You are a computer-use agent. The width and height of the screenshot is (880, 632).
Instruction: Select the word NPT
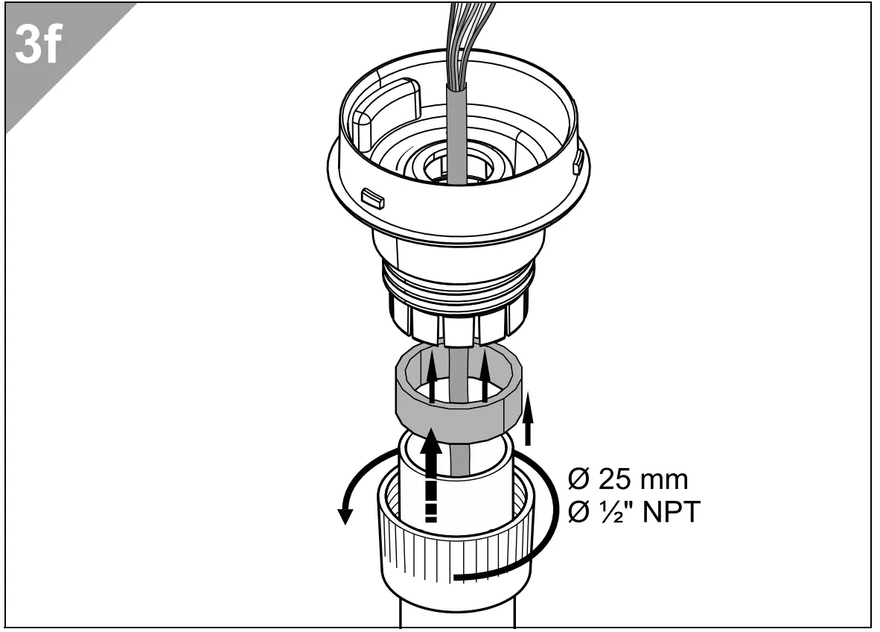(x=668, y=513)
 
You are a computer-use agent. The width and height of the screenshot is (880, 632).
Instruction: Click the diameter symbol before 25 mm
(x=575, y=478)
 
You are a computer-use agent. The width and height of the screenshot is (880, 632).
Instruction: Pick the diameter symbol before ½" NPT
(x=575, y=513)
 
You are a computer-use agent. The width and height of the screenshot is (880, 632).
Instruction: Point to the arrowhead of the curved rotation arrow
(x=345, y=514)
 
